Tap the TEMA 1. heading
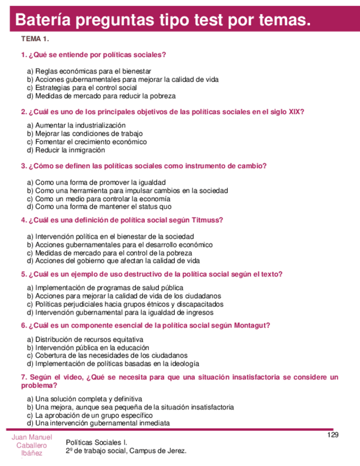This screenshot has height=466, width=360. (x=35, y=40)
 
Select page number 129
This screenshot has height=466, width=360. (x=333, y=435)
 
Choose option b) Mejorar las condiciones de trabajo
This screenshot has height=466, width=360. (x=85, y=134)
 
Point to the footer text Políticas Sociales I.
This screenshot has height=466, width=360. (x=96, y=442)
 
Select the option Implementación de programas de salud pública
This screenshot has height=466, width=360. (x=109, y=288)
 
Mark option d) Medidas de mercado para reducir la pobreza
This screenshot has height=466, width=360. (x=101, y=96)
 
